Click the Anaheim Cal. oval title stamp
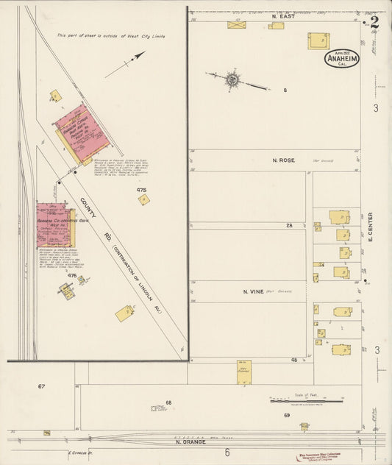coord(341,59)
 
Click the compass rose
coord(232,78)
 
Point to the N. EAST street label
coord(282,15)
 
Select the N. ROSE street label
coord(282,160)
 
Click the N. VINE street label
coord(253,291)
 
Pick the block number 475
coord(141,190)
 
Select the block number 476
coord(72,275)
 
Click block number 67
coord(42,386)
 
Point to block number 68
coord(168,402)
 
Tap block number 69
coord(286,416)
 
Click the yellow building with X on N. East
coord(237,24)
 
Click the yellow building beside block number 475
coord(143,199)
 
